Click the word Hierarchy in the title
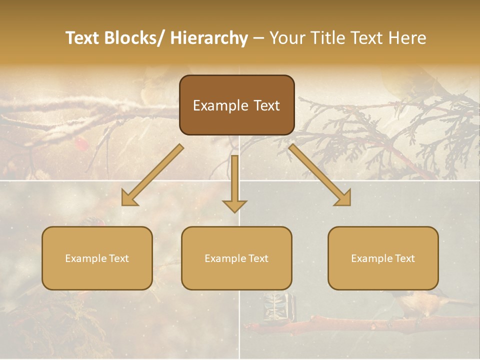click(209, 38)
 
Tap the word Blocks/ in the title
click(135, 38)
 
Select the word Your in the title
click(288, 38)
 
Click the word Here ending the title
click(407, 38)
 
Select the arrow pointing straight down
click(234, 185)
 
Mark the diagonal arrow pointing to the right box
click(320, 175)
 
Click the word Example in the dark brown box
click(213, 106)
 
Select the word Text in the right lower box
click(405, 258)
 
